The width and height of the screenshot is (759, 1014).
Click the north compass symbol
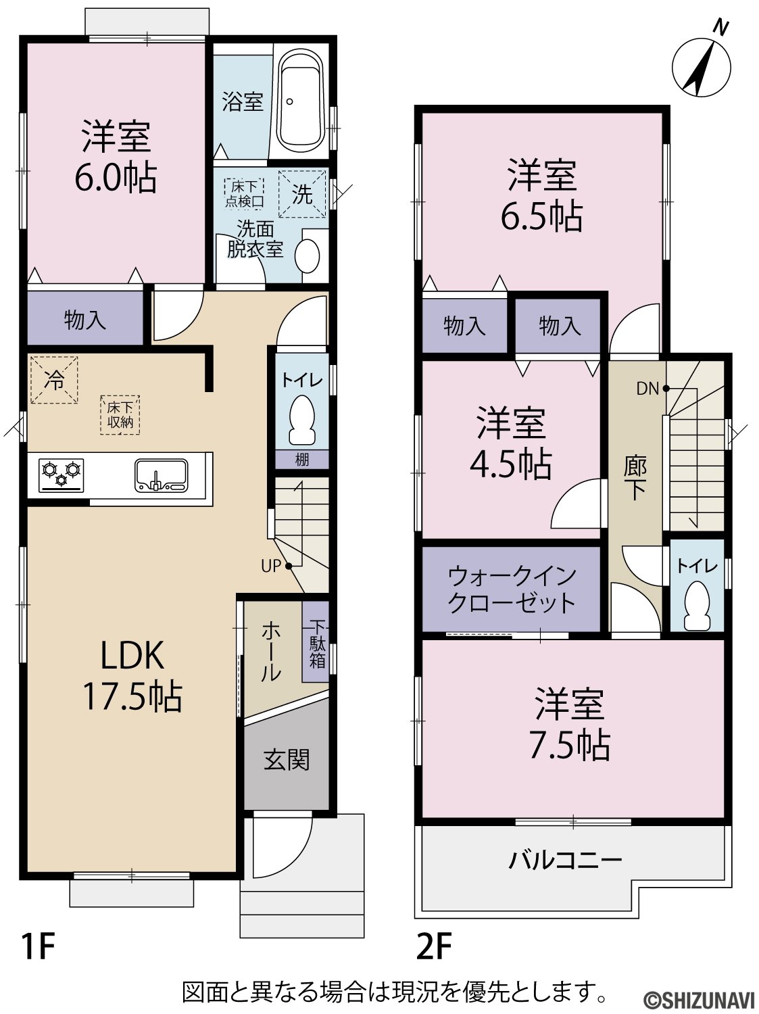click(702, 67)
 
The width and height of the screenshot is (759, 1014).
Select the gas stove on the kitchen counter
click(61, 475)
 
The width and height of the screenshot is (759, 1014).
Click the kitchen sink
click(161, 475)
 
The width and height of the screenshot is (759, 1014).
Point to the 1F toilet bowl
click(302, 420)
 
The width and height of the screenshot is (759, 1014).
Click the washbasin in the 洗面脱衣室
click(307, 256)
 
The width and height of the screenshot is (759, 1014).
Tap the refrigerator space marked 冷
click(54, 380)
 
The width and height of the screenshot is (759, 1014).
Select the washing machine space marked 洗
click(302, 194)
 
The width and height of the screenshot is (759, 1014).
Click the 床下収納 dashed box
click(120, 415)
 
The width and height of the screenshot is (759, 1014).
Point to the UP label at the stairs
click(271, 565)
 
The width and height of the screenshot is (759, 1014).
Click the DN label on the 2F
click(647, 389)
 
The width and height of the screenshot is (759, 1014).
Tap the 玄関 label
click(287, 760)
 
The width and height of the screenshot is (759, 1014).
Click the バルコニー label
click(565, 860)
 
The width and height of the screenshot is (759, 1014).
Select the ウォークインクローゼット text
click(512, 590)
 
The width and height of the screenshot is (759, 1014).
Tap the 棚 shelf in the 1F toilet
click(302, 460)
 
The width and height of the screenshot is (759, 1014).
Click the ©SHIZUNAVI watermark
click(700, 1000)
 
